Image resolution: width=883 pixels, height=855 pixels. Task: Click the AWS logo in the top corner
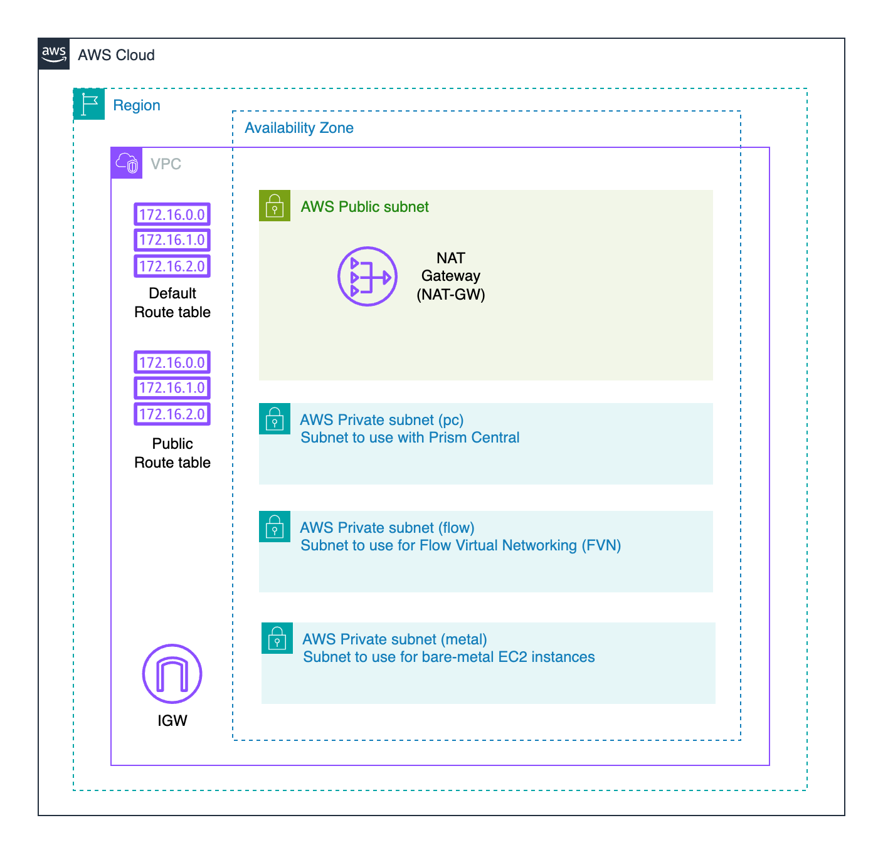[53, 54]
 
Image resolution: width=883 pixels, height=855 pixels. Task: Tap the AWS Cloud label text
[116, 55]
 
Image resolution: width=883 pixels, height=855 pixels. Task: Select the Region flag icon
[89, 104]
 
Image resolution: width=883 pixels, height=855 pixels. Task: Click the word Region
[137, 105]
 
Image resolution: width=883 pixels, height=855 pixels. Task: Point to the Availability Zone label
[299, 128]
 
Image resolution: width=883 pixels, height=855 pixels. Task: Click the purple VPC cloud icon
[127, 163]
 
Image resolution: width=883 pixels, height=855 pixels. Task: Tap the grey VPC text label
[166, 164]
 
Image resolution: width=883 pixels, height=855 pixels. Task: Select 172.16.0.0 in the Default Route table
[172, 214]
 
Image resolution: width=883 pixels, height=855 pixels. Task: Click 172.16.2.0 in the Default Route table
[172, 266]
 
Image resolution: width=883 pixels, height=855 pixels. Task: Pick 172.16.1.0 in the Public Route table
[172, 388]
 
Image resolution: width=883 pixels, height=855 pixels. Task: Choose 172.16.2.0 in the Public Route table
[172, 414]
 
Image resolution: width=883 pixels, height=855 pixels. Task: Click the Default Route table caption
[172, 303]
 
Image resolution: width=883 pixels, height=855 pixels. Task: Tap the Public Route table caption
[172, 453]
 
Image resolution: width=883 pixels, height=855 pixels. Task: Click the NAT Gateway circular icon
[367, 276]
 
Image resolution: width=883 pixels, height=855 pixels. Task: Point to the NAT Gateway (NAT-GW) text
[450, 276]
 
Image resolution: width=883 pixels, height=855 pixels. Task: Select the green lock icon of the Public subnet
[275, 206]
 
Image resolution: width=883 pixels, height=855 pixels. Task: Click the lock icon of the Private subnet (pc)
[275, 419]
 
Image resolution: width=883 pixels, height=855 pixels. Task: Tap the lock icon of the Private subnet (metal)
[277, 638]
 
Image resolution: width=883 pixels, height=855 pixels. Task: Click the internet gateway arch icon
[172, 674]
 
